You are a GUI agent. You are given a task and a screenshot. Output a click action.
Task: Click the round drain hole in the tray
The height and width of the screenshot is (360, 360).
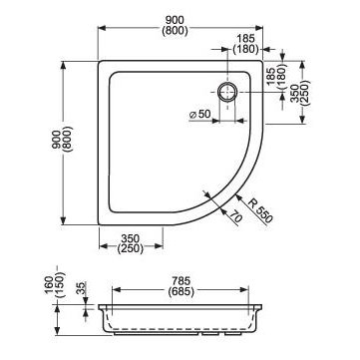point(227,92)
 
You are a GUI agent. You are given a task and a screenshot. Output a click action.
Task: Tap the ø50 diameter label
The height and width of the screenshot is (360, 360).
point(199,115)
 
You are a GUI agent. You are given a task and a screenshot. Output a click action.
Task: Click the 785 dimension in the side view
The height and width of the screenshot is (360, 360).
point(180,281)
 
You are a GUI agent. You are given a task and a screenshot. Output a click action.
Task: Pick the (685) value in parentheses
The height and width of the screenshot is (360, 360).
point(180,291)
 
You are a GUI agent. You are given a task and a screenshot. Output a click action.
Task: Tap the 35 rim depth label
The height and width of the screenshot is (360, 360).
point(81,289)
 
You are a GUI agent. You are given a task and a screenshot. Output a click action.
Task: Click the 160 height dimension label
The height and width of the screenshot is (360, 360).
point(49,285)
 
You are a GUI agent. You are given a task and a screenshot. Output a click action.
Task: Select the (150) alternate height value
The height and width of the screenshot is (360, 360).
point(59,285)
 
